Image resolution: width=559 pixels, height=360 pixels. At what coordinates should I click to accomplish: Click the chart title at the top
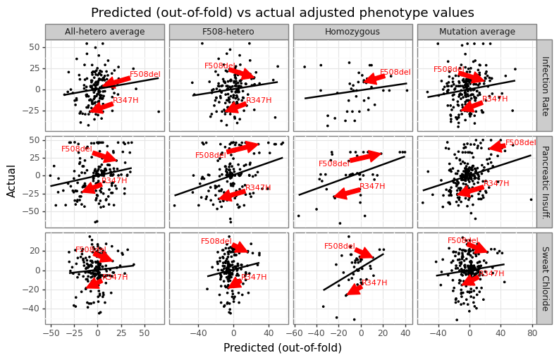tap(283, 13)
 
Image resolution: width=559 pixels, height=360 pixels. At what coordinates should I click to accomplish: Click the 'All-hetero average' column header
tap(104, 32)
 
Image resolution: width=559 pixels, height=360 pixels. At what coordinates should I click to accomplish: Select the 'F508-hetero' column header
tap(228, 32)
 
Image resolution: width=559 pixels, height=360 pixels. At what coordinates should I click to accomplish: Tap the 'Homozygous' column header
tap(352, 32)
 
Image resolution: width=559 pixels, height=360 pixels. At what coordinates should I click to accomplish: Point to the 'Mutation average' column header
tap(477, 32)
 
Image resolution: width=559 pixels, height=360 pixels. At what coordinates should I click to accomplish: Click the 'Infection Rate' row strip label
tap(544, 85)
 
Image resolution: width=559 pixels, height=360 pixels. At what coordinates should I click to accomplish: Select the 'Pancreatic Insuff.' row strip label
tap(544, 182)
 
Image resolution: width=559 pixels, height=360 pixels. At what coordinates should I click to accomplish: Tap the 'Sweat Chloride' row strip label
tap(544, 278)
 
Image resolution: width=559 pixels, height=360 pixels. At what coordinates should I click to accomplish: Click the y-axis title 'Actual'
tap(11, 182)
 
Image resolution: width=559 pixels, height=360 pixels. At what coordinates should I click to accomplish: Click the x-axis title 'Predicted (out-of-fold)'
tap(283, 348)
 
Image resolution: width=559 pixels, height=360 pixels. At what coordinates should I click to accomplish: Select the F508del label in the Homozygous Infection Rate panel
tap(395, 73)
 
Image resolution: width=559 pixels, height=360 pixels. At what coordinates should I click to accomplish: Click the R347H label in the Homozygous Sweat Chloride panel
tap(374, 283)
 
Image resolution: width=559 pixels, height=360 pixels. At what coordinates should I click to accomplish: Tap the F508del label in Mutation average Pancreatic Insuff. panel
tap(520, 143)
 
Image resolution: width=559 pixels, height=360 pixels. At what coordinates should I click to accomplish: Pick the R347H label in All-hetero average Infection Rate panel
tap(125, 101)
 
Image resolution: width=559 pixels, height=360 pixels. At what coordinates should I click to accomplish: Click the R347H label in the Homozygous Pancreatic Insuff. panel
tap(372, 187)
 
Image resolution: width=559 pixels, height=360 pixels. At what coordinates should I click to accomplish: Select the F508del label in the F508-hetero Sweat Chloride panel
tap(216, 242)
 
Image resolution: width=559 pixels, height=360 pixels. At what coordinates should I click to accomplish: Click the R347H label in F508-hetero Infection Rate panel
tap(259, 101)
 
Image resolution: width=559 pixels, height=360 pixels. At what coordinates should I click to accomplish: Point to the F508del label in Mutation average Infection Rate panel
tap(448, 70)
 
